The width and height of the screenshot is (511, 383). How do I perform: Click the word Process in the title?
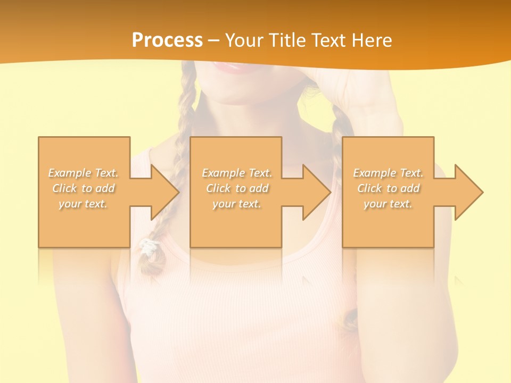click(x=167, y=40)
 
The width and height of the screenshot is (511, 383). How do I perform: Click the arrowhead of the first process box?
click(x=163, y=192)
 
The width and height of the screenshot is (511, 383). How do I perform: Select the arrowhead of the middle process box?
click(x=316, y=192)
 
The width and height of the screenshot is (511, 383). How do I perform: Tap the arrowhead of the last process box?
click(x=468, y=192)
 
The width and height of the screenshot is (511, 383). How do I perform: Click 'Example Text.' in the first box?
click(x=84, y=173)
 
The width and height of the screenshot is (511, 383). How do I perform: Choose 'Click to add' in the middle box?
click(x=237, y=188)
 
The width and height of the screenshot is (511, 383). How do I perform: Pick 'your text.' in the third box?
click(x=388, y=204)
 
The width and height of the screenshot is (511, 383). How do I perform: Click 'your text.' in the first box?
click(x=84, y=204)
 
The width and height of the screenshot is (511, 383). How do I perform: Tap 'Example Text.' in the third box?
click(x=388, y=173)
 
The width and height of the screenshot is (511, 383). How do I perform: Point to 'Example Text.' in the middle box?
click(x=237, y=173)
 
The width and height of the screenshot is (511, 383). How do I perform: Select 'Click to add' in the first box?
click(x=84, y=188)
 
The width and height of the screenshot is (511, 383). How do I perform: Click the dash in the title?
click(x=213, y=40)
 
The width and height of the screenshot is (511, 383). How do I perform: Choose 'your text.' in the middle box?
click(x=237, y=204)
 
